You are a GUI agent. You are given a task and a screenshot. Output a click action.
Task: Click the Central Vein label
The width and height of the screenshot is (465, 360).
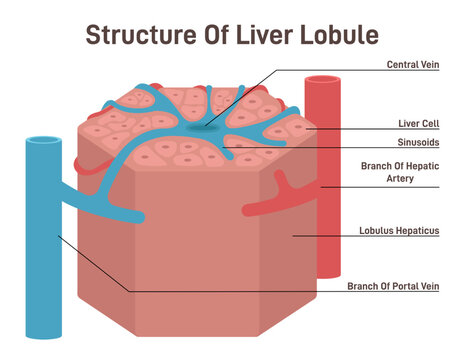[x=414, y=65]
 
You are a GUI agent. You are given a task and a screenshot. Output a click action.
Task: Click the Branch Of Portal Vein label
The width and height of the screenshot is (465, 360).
[x=393, y=286]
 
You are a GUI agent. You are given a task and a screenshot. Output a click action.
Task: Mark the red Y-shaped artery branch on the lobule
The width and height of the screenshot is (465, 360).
[x=271, y=191]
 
